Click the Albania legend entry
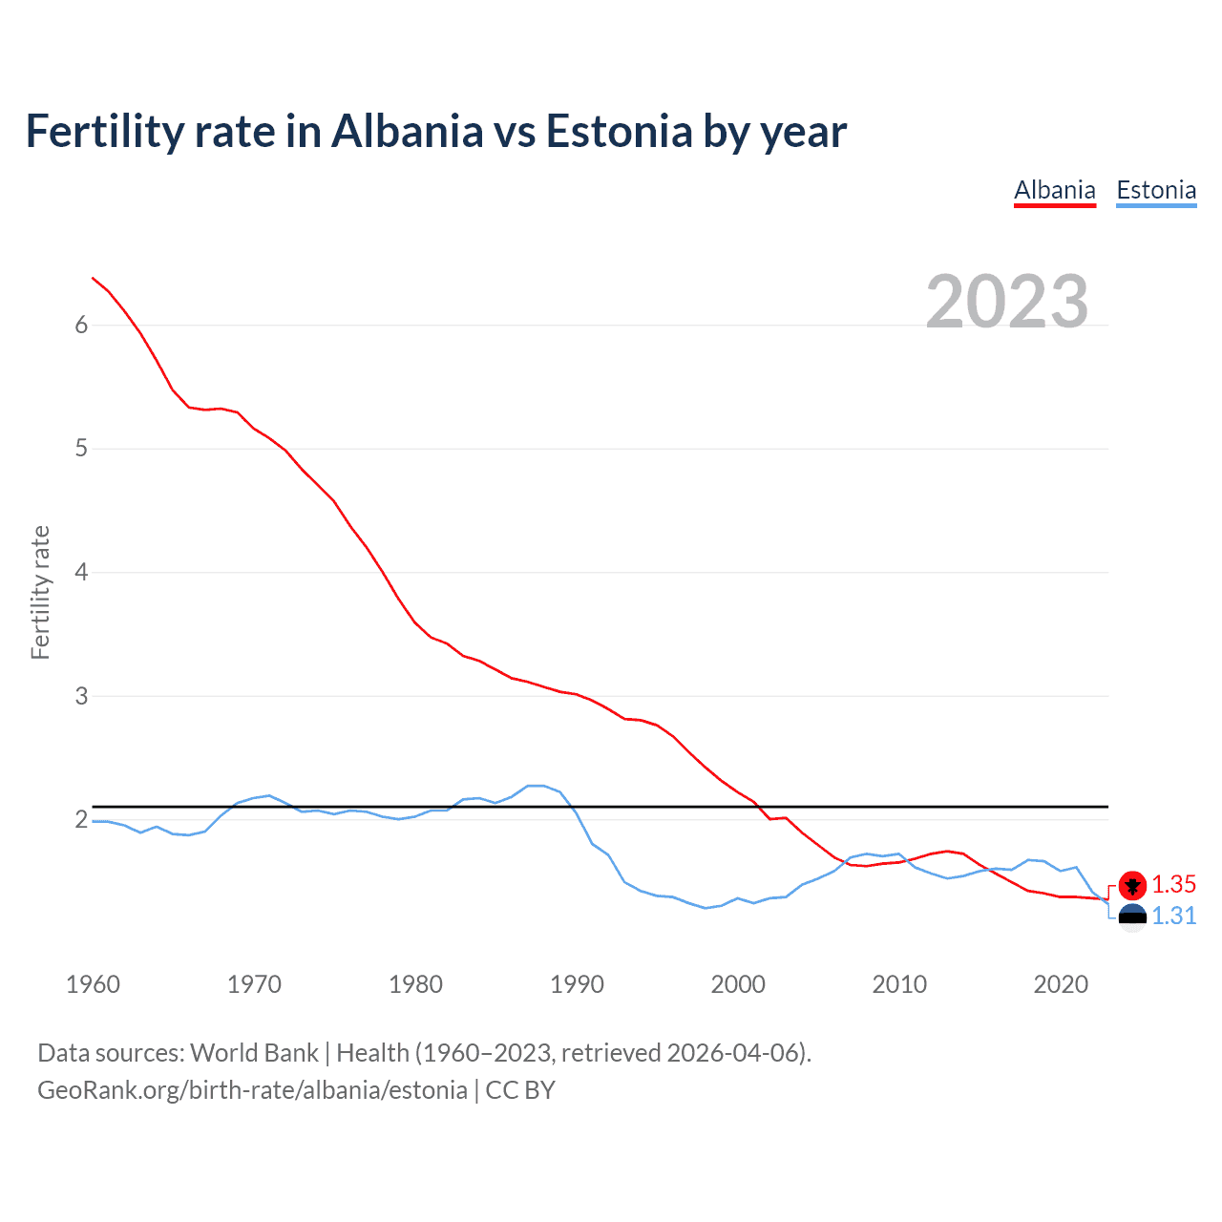coord(1054,190)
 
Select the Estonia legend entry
coord(1156,190)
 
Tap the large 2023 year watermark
coord(1007,302)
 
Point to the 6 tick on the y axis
coord(81,325)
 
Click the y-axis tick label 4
coord(81,572)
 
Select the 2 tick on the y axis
coord(81,819)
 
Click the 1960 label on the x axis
coord(93,984)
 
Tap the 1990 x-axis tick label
coord(577,984)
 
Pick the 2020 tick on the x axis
coord(1061,984)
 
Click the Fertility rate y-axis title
coord(40,592)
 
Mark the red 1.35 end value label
coord(1173,884)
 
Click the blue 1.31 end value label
coord(1173,916)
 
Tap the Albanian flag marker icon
coord(1132,886)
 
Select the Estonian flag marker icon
coord(1132,917)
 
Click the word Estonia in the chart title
coord(619,132)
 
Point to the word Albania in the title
coord(408,132)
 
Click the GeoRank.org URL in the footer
coord(252,1090)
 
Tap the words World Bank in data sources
coord(254,1053)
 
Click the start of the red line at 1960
coord(93,278)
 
